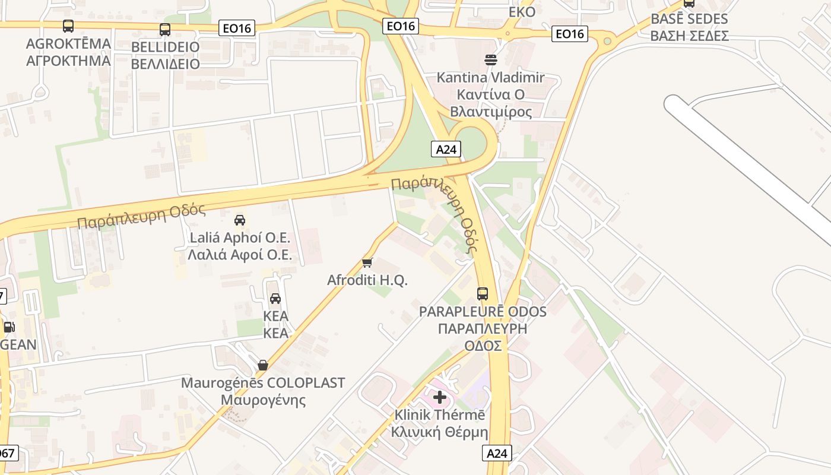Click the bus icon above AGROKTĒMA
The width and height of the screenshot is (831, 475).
68,26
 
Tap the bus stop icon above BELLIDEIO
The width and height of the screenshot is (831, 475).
165,30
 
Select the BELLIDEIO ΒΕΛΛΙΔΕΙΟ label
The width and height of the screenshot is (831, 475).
165,55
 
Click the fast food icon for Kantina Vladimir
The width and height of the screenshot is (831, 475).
491,59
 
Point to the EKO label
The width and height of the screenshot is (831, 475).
522,12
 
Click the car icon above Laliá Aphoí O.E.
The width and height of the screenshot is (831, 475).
240,220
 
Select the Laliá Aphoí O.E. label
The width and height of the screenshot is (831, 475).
240,246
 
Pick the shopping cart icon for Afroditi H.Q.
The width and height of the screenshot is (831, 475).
367,262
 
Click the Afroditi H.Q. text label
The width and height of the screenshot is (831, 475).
367,280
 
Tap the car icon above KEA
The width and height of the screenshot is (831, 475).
275,298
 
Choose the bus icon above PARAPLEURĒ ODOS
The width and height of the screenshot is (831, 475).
483,293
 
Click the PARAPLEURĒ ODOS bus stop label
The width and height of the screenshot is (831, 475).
483,328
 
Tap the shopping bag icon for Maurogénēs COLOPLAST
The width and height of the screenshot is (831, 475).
262,365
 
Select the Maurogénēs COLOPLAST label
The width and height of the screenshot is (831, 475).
262,391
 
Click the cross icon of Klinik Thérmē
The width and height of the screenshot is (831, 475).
440,397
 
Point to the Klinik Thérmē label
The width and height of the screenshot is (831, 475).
440,423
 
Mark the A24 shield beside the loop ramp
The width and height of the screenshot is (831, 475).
446,149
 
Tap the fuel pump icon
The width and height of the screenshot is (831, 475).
9,327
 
